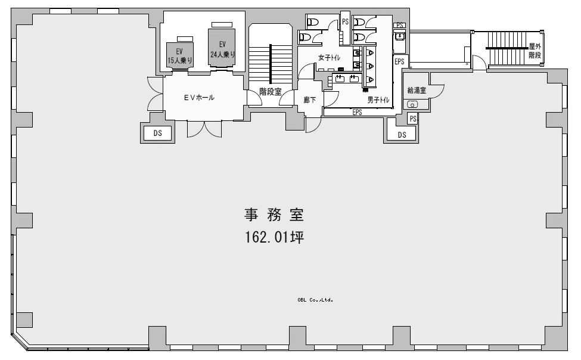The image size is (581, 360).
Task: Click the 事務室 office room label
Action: (x=274, y=215)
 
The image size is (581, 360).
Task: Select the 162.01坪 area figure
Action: (x=275, y=237)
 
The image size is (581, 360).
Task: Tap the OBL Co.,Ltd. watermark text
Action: (x=315, y=300)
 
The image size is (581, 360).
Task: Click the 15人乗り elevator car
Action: (x=180, y=55)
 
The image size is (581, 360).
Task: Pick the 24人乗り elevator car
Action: (x=222, y=48)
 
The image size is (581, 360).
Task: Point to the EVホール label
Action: (x=199, y=98)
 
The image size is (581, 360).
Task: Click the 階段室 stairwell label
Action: (x=270, y=91)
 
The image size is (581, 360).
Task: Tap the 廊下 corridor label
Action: (x=310, y=100)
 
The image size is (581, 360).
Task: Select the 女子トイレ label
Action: (x=329, y=57)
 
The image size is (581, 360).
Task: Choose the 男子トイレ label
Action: (x=378, y=100)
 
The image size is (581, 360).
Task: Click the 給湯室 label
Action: (x=417, y=90)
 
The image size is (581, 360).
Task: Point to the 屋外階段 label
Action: (x=535, y=51)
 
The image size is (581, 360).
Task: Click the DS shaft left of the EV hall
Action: (x=157, y=133)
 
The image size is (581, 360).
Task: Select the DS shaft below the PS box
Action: (x=402, y=135)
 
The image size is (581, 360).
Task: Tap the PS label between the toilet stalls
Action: (x=346, y=22)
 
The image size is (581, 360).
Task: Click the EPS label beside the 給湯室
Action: (x=399, y=61)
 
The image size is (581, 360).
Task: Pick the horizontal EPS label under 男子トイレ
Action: (x=357, y=111)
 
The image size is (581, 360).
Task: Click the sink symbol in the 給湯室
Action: (x=412, y=104)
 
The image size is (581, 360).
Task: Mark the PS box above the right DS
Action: (x=413, y=119)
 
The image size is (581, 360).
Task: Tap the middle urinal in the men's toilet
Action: (x=370, y=66)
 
